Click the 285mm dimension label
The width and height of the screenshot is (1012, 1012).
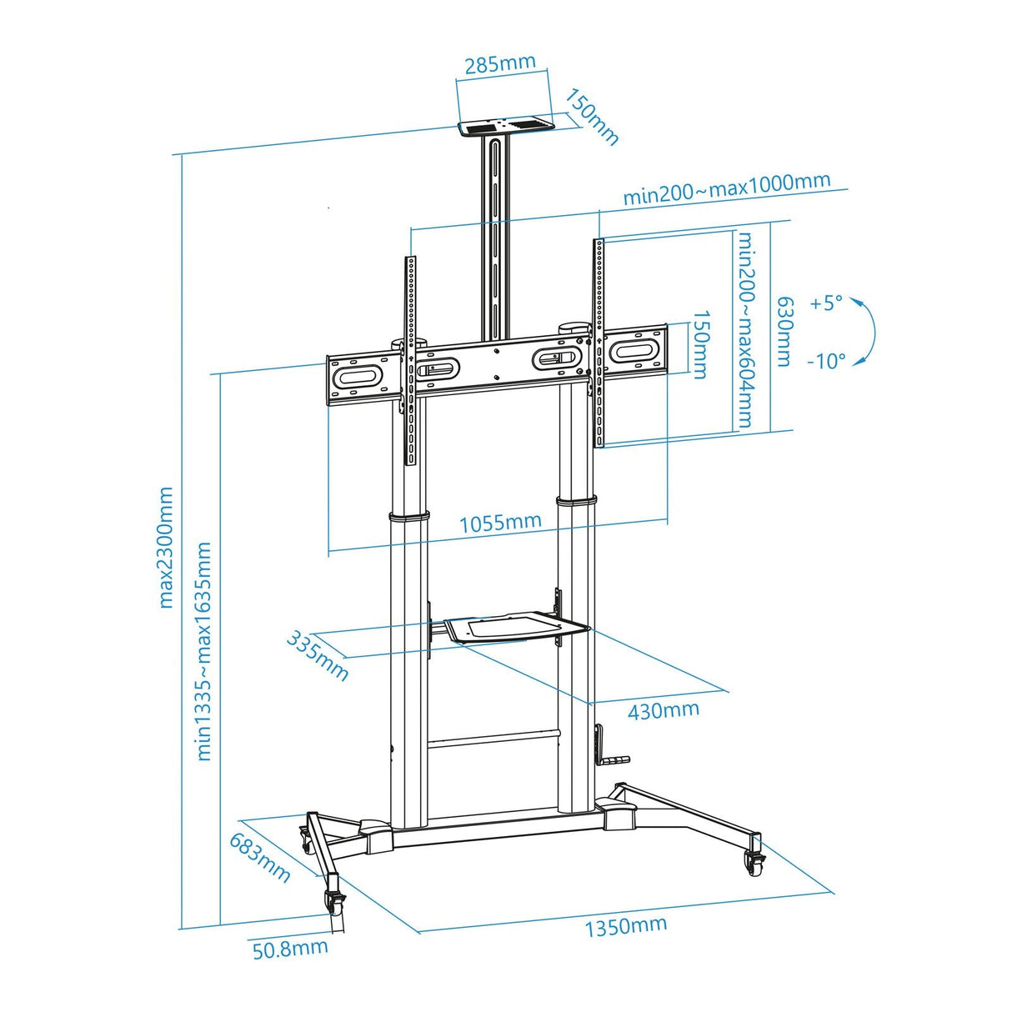(x=500, y=64)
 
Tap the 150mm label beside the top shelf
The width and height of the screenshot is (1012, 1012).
(x=592, y=116)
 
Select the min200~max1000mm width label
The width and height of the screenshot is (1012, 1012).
(x=726, y=188)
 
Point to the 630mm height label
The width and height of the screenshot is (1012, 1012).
(x=784, y=331)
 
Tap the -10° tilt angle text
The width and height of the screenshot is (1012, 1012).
(x=826, y=361)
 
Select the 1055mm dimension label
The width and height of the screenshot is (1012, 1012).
(x=500, y=523)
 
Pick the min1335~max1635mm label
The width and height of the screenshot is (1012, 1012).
(x=203, y=650)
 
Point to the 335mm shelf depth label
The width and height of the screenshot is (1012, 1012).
(x=318, y=655)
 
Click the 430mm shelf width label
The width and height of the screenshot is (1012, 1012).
(x=663, y=710)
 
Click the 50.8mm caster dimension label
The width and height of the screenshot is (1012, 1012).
(x=290, y=949)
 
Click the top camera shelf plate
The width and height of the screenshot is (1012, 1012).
(x=505, y=127)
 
